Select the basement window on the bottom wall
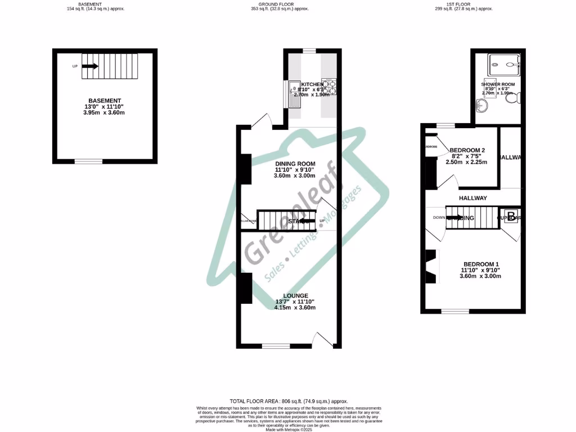point(89,161)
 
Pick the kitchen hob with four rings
point(329,86)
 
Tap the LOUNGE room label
point(295,296)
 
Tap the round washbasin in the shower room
point(482,106)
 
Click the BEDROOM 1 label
point(481,264)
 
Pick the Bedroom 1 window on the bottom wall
point(455,310)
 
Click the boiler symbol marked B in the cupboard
point(510,216)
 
